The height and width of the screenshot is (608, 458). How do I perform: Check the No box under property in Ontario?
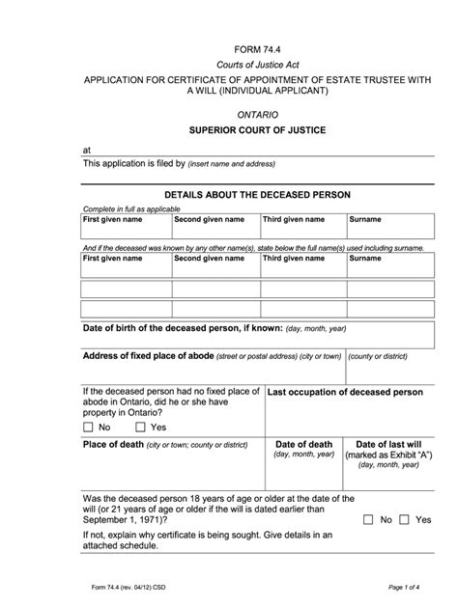click(x=88, y=427)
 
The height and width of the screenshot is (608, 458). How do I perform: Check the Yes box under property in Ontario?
click(x=140, y=427)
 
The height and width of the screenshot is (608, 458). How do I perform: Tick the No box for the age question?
click(x=369, y=519)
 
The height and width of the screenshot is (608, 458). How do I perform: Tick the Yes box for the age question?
click(x=404, y=519)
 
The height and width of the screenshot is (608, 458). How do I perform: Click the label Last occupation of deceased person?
click(x=345, y=393)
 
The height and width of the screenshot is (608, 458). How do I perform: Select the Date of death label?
click(x=303, y=444)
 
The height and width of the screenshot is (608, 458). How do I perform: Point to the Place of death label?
click(x=112, y=445)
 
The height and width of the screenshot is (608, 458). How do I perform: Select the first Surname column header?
click(x=365, y=220)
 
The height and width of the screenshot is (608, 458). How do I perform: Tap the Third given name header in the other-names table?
click(x=294, y=259)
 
